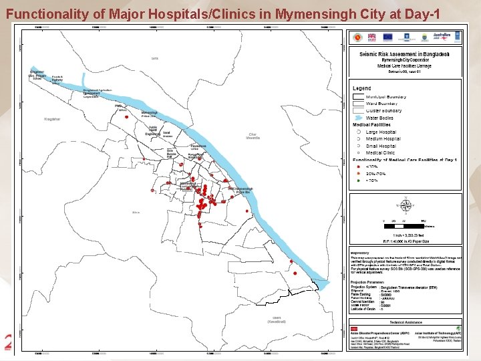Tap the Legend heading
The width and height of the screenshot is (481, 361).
click(362, 88)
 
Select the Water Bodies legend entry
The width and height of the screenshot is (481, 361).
click(379, 118)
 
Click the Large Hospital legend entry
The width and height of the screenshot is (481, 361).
click(381, 132)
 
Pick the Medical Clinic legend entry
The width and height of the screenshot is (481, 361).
click(380, 152)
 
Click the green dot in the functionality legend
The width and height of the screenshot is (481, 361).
click(358, 180)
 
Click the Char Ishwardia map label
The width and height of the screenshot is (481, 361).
click(253, 137)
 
